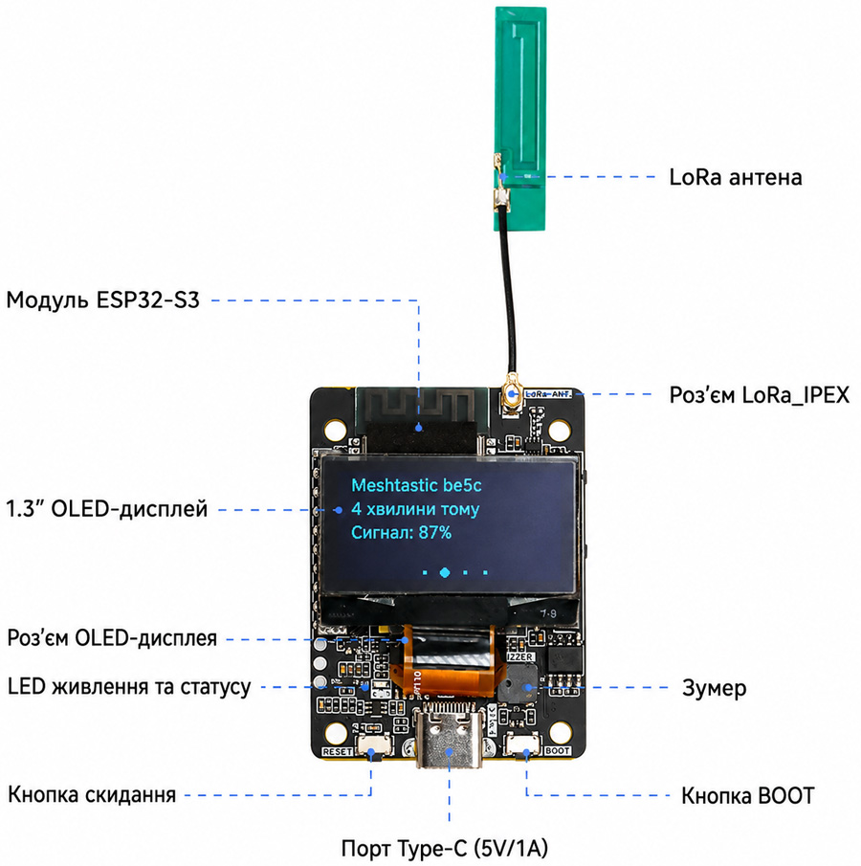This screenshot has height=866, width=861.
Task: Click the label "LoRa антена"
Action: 735,177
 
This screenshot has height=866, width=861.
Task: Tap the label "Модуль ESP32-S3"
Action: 102,300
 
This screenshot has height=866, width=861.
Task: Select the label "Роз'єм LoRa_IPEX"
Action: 760,395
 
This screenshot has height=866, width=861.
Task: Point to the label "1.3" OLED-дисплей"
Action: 106,509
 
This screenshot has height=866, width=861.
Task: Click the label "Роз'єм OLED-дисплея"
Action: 112,638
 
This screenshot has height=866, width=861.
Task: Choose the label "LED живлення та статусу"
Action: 129,687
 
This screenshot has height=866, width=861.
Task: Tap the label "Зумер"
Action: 714,688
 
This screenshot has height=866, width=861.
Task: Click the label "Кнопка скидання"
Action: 92,795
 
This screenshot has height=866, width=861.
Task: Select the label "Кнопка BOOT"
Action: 748,796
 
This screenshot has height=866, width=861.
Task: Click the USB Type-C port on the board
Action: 449,739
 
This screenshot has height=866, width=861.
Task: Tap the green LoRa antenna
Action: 520,119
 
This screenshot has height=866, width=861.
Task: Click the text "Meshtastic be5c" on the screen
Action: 416,485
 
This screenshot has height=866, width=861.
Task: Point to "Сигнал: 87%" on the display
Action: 402,533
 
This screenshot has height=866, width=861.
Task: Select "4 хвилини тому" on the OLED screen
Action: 415,509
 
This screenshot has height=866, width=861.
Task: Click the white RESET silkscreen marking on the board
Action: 337,752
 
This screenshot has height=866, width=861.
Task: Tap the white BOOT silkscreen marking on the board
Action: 557,750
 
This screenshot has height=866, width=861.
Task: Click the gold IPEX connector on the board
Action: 513,394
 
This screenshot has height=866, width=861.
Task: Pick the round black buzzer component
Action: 518,683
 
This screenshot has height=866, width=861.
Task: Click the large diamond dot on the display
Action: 445,573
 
